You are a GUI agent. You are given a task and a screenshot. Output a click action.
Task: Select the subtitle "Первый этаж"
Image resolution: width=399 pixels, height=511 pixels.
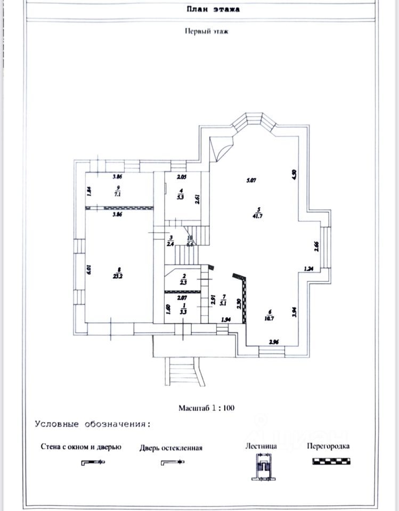tap(206, 31)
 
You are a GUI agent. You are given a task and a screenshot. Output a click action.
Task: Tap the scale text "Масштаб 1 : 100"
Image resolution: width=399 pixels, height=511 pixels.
tap(206, 408)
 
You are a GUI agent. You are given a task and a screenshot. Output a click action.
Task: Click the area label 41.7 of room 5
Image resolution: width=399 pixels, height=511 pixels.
tap(258, 216)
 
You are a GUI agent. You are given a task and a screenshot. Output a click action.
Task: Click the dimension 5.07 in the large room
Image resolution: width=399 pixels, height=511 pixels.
tap(251, 180)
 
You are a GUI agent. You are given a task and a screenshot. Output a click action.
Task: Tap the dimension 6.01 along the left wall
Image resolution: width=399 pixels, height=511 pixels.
tap(89, 270)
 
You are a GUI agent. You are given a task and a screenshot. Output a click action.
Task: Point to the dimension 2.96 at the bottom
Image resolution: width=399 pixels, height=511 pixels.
tap(274, 341)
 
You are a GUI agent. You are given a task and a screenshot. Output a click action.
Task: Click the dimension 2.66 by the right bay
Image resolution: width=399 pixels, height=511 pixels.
tap(316, 246)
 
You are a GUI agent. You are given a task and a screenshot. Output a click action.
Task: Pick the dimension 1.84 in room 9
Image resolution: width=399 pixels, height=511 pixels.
tap(89, 191)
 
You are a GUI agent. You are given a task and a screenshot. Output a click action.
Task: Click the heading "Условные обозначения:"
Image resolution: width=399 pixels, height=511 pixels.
tap(93, 424)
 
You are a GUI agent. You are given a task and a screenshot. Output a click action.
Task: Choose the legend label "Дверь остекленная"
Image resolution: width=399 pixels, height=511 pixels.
tap(171, 448)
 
